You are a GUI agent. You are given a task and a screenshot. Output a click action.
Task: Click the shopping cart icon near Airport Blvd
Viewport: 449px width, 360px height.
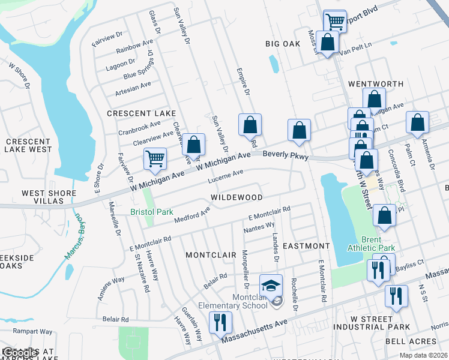click(x=335, y=22)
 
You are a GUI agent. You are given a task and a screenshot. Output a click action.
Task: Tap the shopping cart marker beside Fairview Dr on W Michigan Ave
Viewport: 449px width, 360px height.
click(x=155, y=159)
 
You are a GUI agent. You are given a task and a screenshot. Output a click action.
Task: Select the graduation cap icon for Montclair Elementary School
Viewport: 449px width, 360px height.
click(x=271, y=284)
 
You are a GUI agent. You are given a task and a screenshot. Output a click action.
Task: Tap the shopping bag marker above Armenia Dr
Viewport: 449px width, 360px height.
click(x=418, y=122)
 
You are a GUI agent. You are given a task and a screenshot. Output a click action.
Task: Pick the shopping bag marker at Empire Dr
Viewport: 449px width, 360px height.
click(x=250, y=125)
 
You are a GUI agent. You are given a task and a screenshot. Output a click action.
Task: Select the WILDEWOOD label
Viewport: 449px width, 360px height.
click(x=237, y=197)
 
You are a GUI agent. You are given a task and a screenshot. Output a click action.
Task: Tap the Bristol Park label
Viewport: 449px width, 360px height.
click(x=152, y=212)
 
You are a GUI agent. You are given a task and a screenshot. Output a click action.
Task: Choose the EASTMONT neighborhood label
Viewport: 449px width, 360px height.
click(x=306, y=246)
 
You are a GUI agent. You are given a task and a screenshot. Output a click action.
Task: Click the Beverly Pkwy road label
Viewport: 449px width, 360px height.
click(x=286, y=155)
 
